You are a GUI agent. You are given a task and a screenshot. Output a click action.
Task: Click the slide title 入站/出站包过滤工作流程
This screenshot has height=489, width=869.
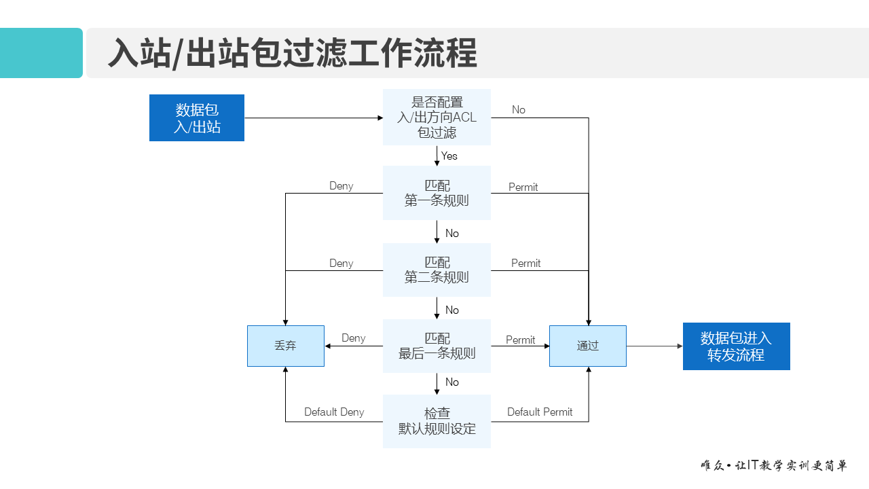tap(293, 54)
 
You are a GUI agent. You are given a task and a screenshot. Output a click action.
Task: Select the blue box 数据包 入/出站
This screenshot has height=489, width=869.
tap(197, 118)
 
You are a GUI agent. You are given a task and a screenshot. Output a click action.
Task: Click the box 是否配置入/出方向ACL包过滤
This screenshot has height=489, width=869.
tap(437, 117)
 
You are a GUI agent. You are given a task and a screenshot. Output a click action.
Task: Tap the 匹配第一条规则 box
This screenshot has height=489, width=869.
tap(437, 193)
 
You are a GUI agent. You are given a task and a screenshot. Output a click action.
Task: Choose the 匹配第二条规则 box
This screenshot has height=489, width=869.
tap(437, 270)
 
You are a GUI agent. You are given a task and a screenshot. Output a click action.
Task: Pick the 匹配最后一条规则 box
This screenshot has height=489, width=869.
tap(437, 346)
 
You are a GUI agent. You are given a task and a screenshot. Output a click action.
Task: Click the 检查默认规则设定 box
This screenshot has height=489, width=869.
tap(437, 421)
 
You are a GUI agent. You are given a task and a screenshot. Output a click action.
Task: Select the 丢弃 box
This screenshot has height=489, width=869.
tap(286, 346)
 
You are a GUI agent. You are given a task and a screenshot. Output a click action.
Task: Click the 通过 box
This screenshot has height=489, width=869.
tap(588, 346)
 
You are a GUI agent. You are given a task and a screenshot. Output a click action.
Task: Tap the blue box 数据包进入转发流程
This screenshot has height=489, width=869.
tap(736, 346)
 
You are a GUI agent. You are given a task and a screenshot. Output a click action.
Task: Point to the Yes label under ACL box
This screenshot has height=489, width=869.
tap(449, 156)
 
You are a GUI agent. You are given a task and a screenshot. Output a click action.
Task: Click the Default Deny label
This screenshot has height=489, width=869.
tap(334, 412)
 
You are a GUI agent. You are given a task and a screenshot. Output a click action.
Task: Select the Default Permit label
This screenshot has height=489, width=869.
tap(540, 412)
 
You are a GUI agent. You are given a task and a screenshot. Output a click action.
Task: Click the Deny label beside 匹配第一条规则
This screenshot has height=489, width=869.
tap(341, 186)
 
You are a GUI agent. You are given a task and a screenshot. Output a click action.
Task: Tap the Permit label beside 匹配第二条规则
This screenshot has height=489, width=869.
tap(525, 264)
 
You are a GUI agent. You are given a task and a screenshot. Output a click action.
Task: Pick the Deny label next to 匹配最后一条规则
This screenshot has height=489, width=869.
tap(353, 338)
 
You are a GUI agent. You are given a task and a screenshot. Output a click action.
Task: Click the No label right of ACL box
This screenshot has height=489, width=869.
tap(519, 110)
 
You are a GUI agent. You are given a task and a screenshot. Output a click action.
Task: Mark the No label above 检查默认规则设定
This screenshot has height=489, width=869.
tap(452, 382)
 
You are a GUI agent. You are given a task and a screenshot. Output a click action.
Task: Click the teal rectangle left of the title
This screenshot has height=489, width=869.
tap(41, 53)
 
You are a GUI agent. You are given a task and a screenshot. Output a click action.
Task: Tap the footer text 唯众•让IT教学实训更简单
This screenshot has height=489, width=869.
tap(774, 466)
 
